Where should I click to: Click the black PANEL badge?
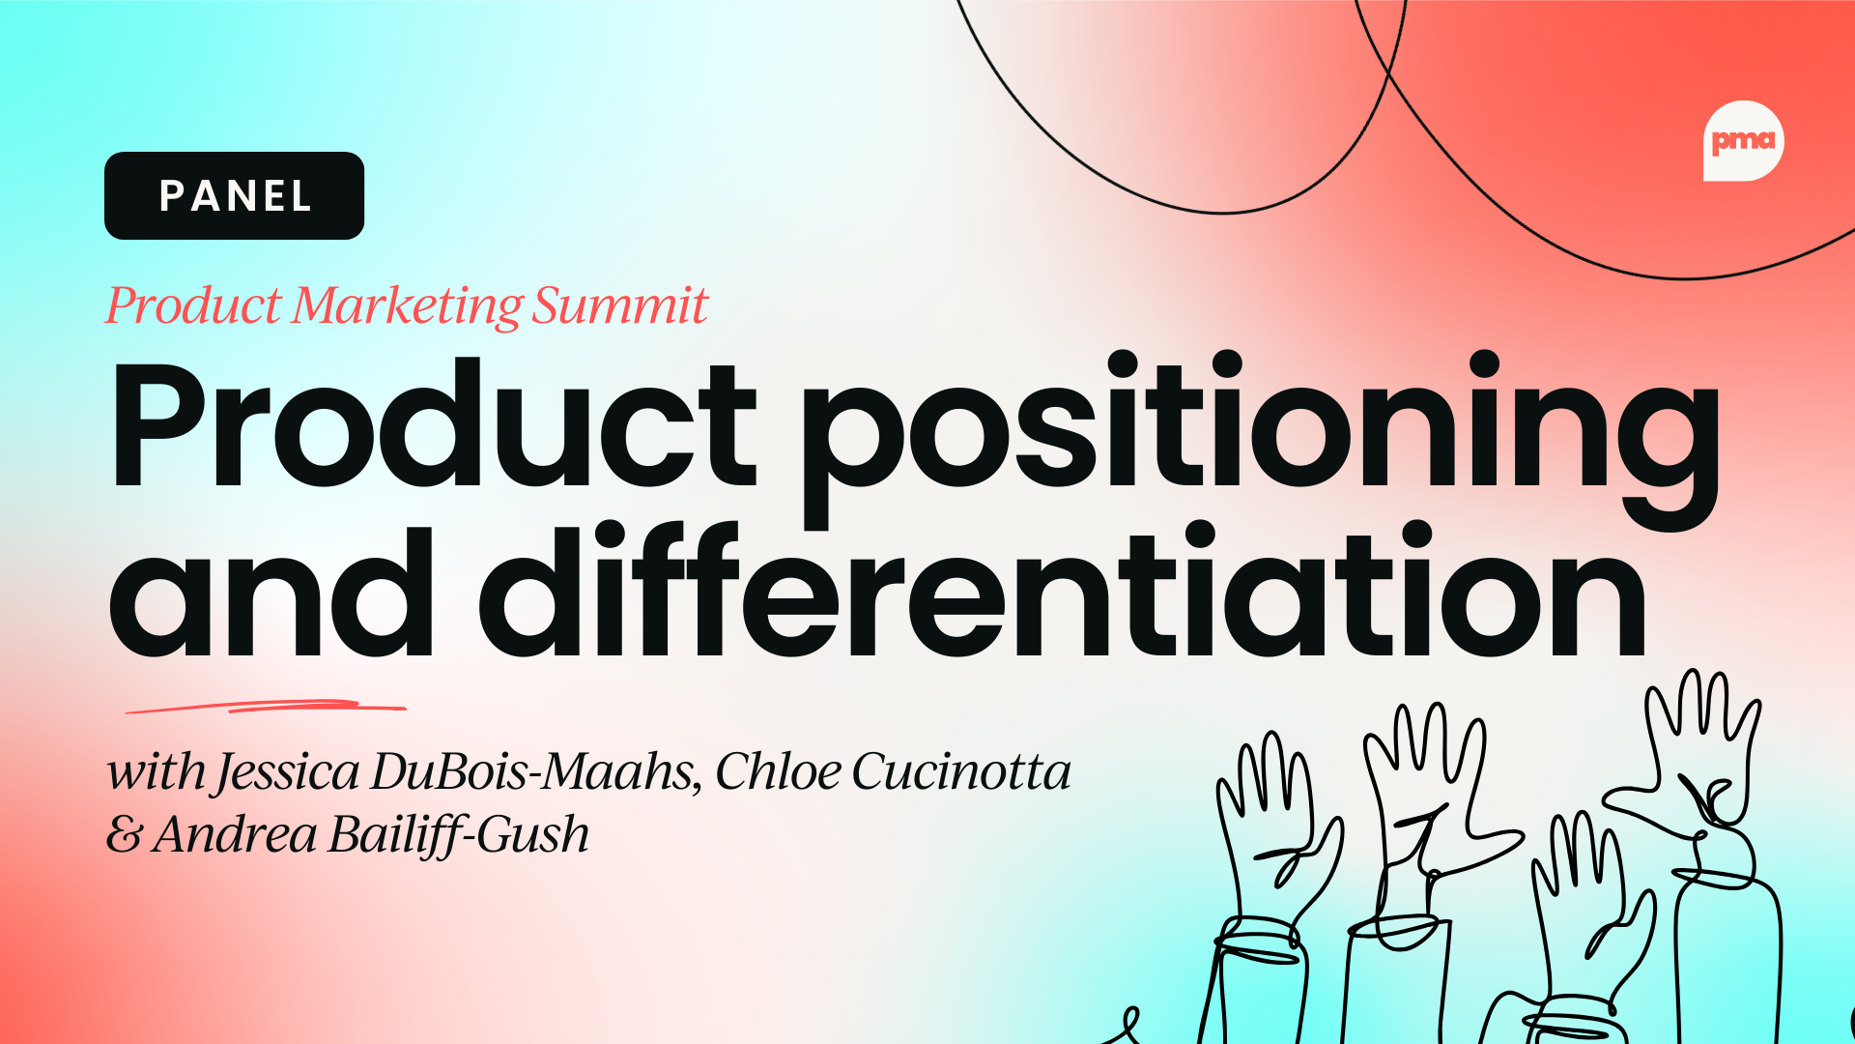pyautogui.click(x=234, y=195)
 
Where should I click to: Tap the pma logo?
pyautogui.click(x=1743, y=141)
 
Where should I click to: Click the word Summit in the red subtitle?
pyautogui.click(x=620, y=305)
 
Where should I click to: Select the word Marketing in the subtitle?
pyautogui.click(x=407, y=307)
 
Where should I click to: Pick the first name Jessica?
pyautogui.click(x=289, y=773)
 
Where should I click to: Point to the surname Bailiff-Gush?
pyautogui.click(x=459, y=835)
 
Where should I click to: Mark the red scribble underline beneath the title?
pyautogui.click(x=266, y=707)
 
